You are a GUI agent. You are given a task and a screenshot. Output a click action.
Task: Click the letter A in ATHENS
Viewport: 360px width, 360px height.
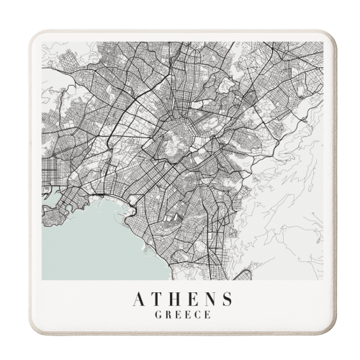click(139, 299)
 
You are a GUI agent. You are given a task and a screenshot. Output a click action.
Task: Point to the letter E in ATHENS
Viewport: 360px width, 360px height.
click(193, 299)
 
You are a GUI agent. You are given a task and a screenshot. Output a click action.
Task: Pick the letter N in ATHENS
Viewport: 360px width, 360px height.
click(210, 299)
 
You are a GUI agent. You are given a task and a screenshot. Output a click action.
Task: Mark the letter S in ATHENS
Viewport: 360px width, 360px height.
click(227, 299)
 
